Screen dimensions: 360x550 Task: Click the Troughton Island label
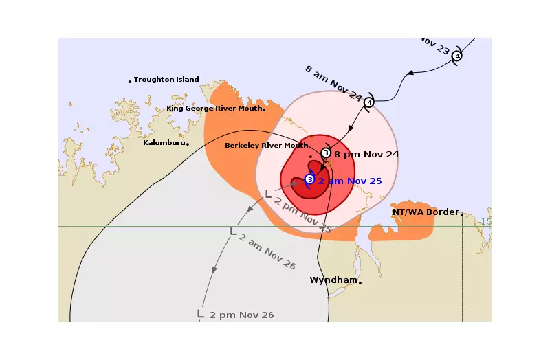166,80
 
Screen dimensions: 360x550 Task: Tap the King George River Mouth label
214,109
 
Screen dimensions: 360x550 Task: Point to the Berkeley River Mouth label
266,146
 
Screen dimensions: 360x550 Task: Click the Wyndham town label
333,280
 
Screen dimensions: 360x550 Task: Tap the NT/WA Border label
425,212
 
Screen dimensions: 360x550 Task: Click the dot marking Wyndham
360,282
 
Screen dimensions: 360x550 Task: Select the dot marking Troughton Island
130,82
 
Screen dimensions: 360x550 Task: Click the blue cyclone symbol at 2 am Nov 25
309,179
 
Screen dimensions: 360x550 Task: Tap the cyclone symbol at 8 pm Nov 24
326,153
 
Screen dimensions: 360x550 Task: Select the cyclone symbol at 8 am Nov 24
369,102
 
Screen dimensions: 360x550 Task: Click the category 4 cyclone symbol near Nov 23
457,56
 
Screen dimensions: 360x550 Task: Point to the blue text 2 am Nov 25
349,181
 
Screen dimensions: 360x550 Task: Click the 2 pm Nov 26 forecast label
241,315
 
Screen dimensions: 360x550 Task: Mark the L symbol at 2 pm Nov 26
201,313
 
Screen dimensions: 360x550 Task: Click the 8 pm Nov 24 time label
366,154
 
